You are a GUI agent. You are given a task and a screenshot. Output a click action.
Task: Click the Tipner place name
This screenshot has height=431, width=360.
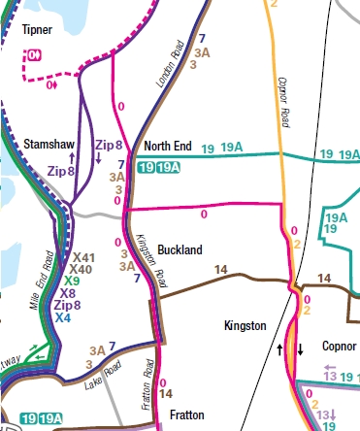(x=38, y=31)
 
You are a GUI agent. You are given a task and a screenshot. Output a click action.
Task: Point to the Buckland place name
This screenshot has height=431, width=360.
(x=180, y=249)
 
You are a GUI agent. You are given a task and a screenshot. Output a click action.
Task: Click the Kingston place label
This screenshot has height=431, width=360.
(x=245, y=326)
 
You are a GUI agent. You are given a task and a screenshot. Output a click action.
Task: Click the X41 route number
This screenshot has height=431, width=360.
(x=84, y=256)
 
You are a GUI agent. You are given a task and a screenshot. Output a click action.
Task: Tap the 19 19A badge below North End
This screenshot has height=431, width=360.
(x=158, y=168)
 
